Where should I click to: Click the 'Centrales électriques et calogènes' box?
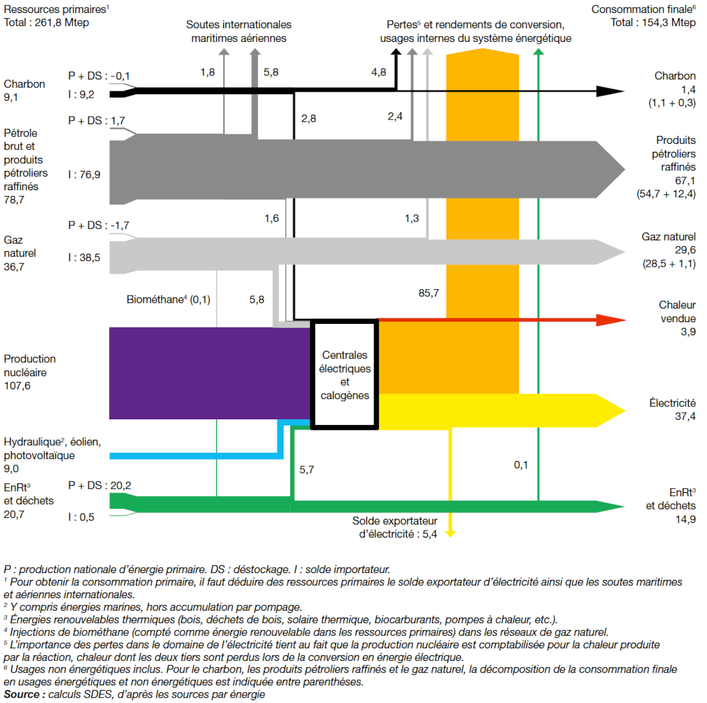(x=345, y=375)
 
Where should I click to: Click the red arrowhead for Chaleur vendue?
(x=610, y=320)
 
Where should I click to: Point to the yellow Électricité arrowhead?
(x=610, y=410)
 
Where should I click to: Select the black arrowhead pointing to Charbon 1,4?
(x=609, y=91)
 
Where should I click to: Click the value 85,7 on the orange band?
(x=428, y=293)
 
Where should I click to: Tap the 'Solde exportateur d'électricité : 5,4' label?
(x=395, y=528)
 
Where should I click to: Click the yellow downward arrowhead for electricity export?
(x=450, y=533)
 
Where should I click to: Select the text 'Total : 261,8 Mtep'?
(x=47, y=23)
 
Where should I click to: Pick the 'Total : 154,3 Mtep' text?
(x=653, y=22)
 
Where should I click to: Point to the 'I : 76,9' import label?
(x=84, y=175)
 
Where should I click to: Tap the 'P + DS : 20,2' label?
(x=100, y=486)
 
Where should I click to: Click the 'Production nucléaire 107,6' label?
(x=29, y=372)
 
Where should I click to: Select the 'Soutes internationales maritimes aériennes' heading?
(x=239, y=31)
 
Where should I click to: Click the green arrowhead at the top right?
(x=538, y=52)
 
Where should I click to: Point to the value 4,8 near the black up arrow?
(x=378, y=72)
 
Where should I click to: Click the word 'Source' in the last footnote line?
(x=21, y=695)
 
